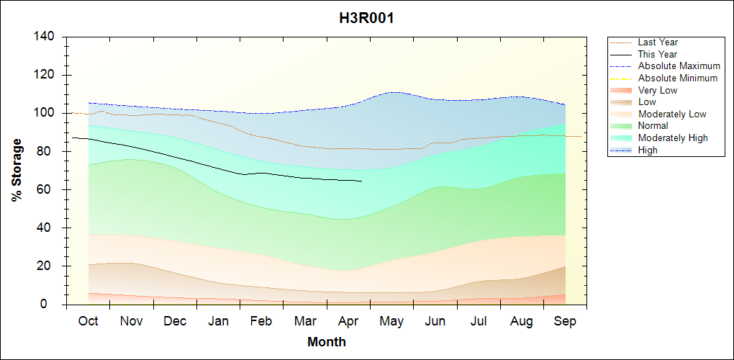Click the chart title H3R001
(x=366, y=18)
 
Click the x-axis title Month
(x=327, y=342)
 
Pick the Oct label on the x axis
(x=88, y=321)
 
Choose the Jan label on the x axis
(x=218, y=321)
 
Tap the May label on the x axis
(x=391, y=321)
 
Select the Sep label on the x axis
(x=565, y=321)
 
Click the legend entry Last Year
(x=658, y=42)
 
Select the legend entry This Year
(x=658, y=54)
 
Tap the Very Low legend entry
(x=658, y=90)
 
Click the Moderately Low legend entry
(x=672, y=114)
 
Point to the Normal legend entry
(x=653, y=126)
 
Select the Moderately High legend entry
(x=673, y=138)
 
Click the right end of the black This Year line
(x=361, y=181)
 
